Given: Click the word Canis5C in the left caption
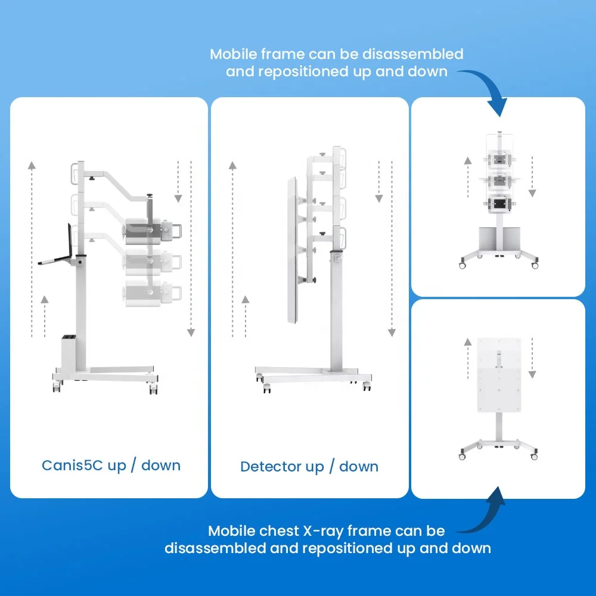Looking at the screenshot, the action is (x=72, y=465).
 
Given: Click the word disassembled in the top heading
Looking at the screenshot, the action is (x=413, y=54).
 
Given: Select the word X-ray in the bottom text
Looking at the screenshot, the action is (x=322, y=532).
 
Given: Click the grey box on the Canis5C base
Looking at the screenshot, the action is (x=69, y=353).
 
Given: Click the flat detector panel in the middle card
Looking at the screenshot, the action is (x=292, y=250).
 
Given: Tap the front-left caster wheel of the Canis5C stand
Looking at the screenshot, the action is (x=57, y=387).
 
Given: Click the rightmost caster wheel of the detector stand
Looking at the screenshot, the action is (x=367, y=386).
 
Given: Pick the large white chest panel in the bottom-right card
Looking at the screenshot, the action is (x=499, y=375).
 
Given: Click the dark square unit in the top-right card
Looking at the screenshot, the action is (x=499, y=204).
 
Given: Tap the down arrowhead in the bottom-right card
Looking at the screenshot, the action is (x=532, y=375).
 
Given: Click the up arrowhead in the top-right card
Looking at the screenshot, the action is (x=468, y=161).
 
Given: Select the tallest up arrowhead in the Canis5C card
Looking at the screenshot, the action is (x=32, y=165).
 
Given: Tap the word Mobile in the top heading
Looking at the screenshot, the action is (x=234, y=54).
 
